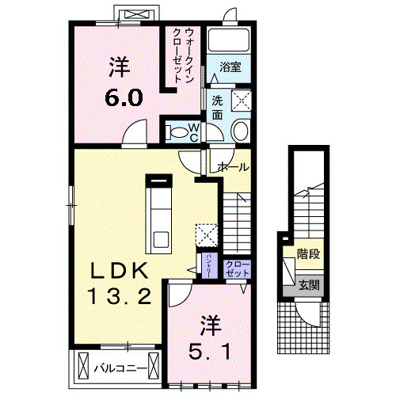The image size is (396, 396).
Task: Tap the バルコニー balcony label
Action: (120, 368)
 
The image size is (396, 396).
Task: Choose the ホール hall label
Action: (234, 167)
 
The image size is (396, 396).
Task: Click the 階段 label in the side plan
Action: (309, 255)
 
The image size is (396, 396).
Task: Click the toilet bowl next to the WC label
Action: (178, 131)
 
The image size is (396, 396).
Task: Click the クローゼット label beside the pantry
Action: (236, 268)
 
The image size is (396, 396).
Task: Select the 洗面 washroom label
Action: (217, 109)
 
